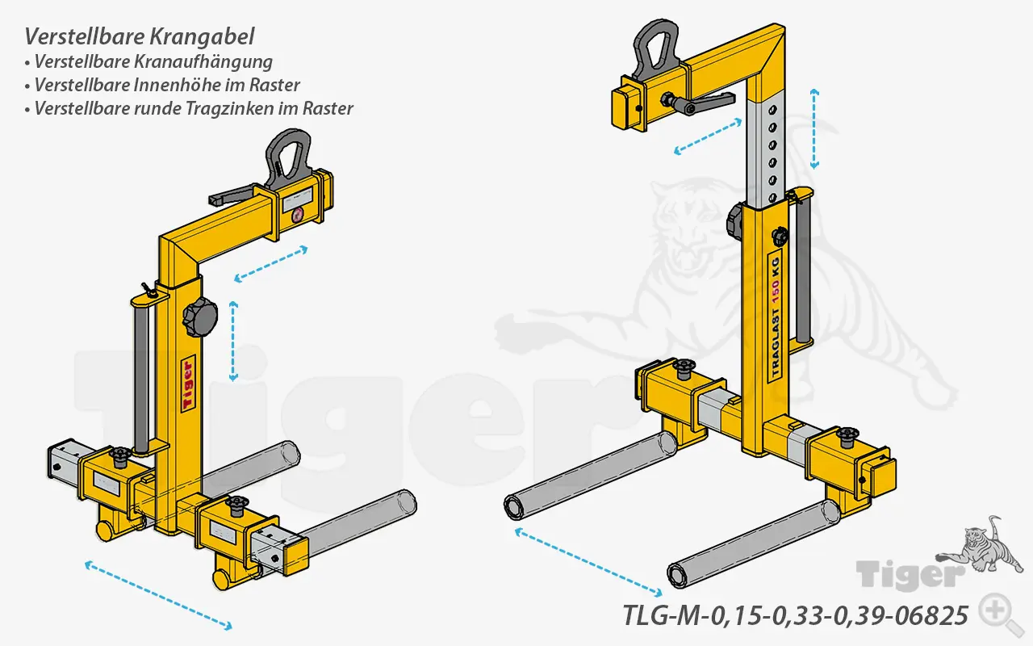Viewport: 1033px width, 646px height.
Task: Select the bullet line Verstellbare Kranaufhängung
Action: (153, 61)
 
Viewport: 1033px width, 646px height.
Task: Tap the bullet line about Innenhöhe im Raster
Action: (166, 85)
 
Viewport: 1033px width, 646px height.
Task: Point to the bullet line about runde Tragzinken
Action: (193, 108)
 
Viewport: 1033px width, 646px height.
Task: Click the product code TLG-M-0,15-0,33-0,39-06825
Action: (795, 615)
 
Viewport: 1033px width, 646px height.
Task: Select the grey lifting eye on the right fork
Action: (660, 49)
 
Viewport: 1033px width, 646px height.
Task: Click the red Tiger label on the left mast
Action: (187, 383)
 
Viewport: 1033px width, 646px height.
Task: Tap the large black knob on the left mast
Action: (199, 317)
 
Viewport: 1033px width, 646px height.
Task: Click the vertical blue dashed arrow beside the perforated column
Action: (815, 129)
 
